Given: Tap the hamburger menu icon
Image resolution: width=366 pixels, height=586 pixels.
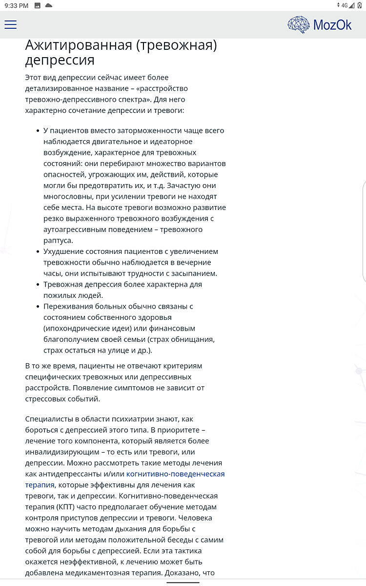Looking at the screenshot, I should coord(10,24).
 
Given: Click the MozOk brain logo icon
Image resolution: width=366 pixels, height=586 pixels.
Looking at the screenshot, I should coord(298,24).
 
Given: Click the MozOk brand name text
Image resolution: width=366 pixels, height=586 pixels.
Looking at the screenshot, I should coord(332,25).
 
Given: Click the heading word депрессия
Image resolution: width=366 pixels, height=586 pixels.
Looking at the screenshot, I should coord(60,61).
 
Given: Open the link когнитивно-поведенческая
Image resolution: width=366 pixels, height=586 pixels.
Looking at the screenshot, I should coord(175,474).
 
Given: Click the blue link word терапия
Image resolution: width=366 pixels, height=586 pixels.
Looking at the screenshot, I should coord(40,485).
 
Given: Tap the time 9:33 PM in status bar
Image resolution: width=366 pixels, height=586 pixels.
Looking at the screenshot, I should coord(16,5).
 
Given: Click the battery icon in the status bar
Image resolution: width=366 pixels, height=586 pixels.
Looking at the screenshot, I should coord(360,5).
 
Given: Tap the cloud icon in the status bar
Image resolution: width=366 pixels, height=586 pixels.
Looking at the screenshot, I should coord(48,5).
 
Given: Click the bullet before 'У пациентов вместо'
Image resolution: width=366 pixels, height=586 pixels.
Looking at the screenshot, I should coord(38,131).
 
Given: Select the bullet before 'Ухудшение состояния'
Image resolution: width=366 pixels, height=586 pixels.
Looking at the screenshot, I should coord(38,251).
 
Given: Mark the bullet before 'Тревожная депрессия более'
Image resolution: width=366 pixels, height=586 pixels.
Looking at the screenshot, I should coord(38,284).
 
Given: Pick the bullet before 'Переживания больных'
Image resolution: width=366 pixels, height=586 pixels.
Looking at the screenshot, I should coord(38,306).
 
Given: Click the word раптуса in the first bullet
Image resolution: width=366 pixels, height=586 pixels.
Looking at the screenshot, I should coord(58,241).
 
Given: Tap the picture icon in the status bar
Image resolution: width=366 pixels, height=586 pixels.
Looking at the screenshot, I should coord(37,5).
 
